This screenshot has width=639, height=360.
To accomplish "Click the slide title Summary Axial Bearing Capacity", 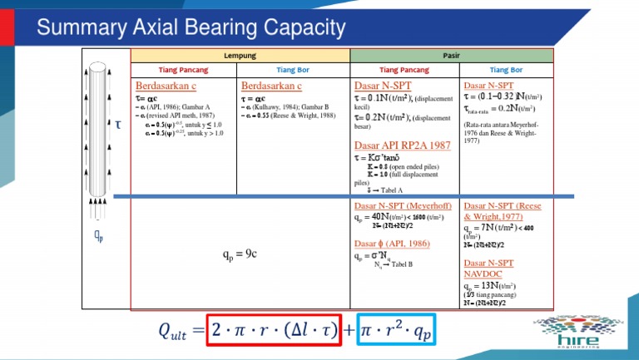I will [x=191, y=29].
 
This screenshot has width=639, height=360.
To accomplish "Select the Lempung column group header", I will [x=240, y=55].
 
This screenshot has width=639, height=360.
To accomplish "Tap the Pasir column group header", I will [x=451, y=55].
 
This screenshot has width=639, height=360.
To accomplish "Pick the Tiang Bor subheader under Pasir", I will [x=506, y=70].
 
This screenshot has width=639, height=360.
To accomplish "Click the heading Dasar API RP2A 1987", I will [x=403, y=145].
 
